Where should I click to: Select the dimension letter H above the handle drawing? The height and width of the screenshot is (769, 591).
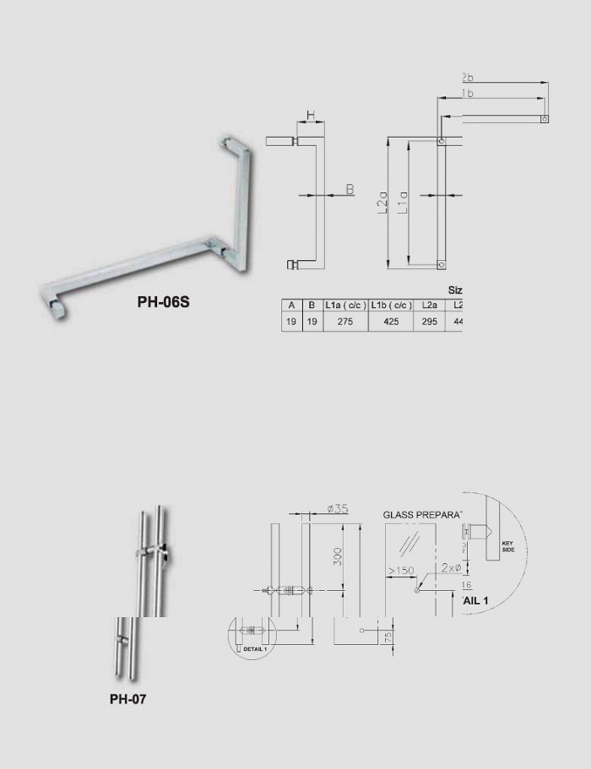coord(310,114)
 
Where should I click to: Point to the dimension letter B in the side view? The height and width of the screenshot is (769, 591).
coord(350,190)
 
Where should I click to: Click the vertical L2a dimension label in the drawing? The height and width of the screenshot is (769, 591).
coord(382,203)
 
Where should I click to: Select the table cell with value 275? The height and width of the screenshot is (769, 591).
coord(344,322)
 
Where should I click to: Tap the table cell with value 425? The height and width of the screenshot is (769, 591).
coord(390,322)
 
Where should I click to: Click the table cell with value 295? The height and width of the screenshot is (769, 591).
coord(429,322)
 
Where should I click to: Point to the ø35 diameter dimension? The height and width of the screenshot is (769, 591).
coord(337,508)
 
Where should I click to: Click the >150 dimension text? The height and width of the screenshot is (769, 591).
coord(401,572)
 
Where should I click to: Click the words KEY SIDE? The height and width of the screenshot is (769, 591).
coord(508,546)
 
